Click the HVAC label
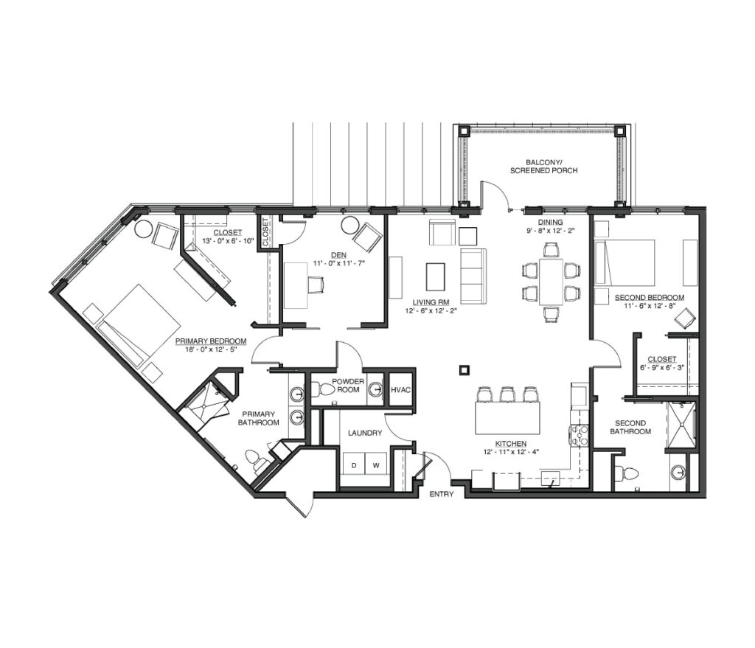[x=400, y=389]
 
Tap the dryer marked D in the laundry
[x=355, y=465]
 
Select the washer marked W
[x=377, y=465]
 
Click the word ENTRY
[x=442, y=494]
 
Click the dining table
[x=551, y=282]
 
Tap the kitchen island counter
[x=507, y=417]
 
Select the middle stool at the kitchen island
[x=507, y=394]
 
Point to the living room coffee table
[x=436, y=276]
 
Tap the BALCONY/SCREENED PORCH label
[x=544, y=166]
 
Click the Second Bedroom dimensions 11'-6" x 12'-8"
[x=649, y=305]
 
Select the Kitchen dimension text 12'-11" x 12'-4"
[x=511, y=452]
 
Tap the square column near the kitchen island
[x=465, y=370]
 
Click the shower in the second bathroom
[x=681, y=425]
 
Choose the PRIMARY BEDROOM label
[x=211, y=341]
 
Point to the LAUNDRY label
[x=365, y=433]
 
